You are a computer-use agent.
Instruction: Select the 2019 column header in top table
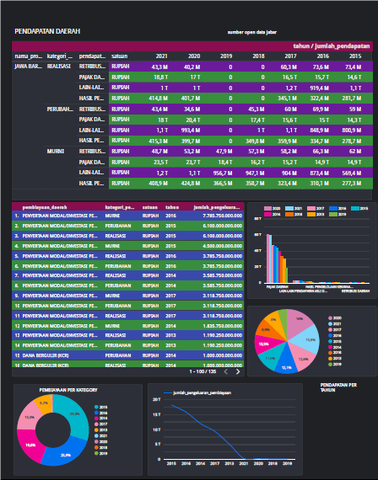pyautogui.click(x=225, y=56)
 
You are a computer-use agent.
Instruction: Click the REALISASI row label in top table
pyautogui.click(x=58, y=65)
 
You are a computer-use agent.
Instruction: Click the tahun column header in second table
pyautogui.click(x=171, y=205)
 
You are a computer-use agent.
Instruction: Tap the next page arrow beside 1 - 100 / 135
pyautogui.click(x=239, y=371)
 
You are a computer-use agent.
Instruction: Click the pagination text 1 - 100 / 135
pyautogui.click(x=203, y=371)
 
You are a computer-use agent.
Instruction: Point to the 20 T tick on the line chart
pyautogui.click(x=157, y=401)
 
